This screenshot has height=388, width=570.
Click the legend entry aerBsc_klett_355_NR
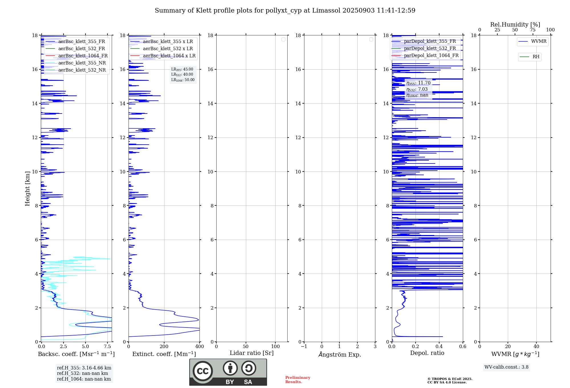(x=82, y=63)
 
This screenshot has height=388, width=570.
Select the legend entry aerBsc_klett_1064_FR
(x=83, y=56)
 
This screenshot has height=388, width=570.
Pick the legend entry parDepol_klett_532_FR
(x=430, y=48)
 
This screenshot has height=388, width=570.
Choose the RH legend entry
(x=536, y=57)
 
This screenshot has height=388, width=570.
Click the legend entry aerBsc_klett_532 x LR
(x=168, y=48)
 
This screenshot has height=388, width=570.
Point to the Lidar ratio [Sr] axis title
(x=252, y=353)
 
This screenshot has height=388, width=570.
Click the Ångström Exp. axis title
(x=339, y=354)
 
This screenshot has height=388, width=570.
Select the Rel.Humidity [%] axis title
(x=515, y=25)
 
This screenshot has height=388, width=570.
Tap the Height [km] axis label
(x=27, y=189)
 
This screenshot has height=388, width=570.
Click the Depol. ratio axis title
(x=427, y=353)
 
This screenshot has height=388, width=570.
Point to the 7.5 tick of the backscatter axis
(x=107, y=346)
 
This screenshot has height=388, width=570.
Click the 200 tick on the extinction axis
(x=164, y=346)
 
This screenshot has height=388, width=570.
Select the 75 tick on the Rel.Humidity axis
(x=532, y=30)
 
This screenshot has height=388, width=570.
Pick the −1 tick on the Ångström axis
(x=304, y=346)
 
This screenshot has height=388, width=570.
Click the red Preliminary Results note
(x=298, y=380)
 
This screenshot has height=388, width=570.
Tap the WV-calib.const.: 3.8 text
(x=506, y=367)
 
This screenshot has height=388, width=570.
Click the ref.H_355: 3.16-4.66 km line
(x=84, y=368)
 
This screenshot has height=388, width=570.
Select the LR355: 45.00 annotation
(x=182, y=69)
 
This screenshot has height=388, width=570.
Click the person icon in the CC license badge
(x=230, y=368)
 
